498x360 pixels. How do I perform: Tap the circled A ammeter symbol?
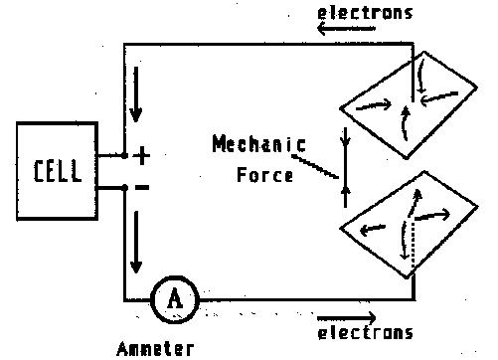pyautogui.click(x=174, y=296)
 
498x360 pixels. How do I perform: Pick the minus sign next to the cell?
pyautogui.click(x=141, y=187)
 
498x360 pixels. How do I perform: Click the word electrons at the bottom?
pyautogui.click(x=365, y=333)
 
